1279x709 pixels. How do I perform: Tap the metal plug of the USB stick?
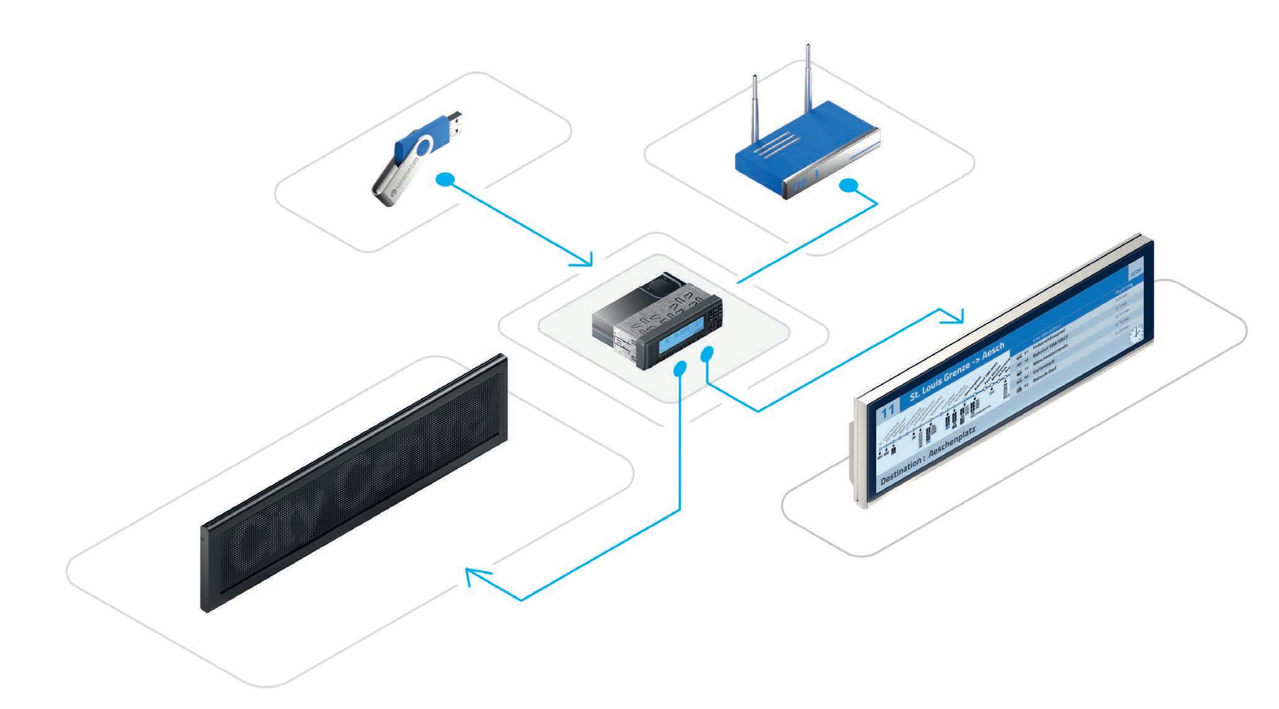tap(456, 124)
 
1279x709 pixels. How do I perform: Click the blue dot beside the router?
tap(848, 186)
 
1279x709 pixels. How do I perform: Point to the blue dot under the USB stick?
tap(445, 181)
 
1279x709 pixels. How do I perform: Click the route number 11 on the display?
tap(888, 413)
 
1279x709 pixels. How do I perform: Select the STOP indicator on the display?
tap(1136, 272)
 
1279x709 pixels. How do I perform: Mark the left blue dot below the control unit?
tap(680, 369)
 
